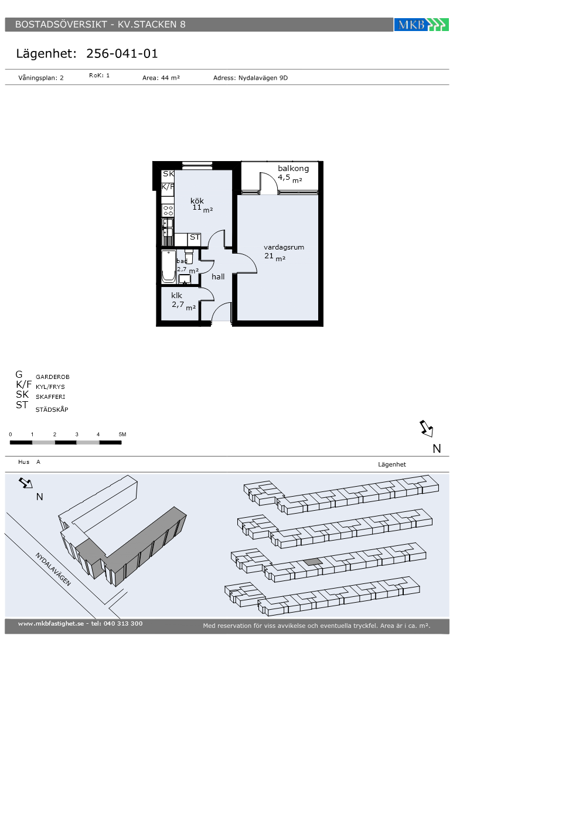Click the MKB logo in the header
pos(421,25)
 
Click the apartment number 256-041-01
pos(122,53)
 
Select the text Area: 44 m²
pos(161,77)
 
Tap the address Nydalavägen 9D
pos(263,77)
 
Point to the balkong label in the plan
pos(293,169)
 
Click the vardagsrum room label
pos(284,247)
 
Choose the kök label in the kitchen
pos(197,200)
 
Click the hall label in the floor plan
pos(218,276)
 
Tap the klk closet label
pos(176,295)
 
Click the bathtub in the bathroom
pos(169,266)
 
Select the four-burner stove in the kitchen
pos(168,210)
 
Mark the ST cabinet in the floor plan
pos(194,239)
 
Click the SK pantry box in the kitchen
pos(168,175)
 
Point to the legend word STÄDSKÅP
pos(52,409)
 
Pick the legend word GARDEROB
pos(52,377)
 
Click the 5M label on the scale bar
pos(122,434)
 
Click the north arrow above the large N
pos(427,429)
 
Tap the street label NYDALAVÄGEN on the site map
pos(53,569)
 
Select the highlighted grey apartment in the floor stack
pos(313,562)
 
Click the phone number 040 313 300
pos(123,623)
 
